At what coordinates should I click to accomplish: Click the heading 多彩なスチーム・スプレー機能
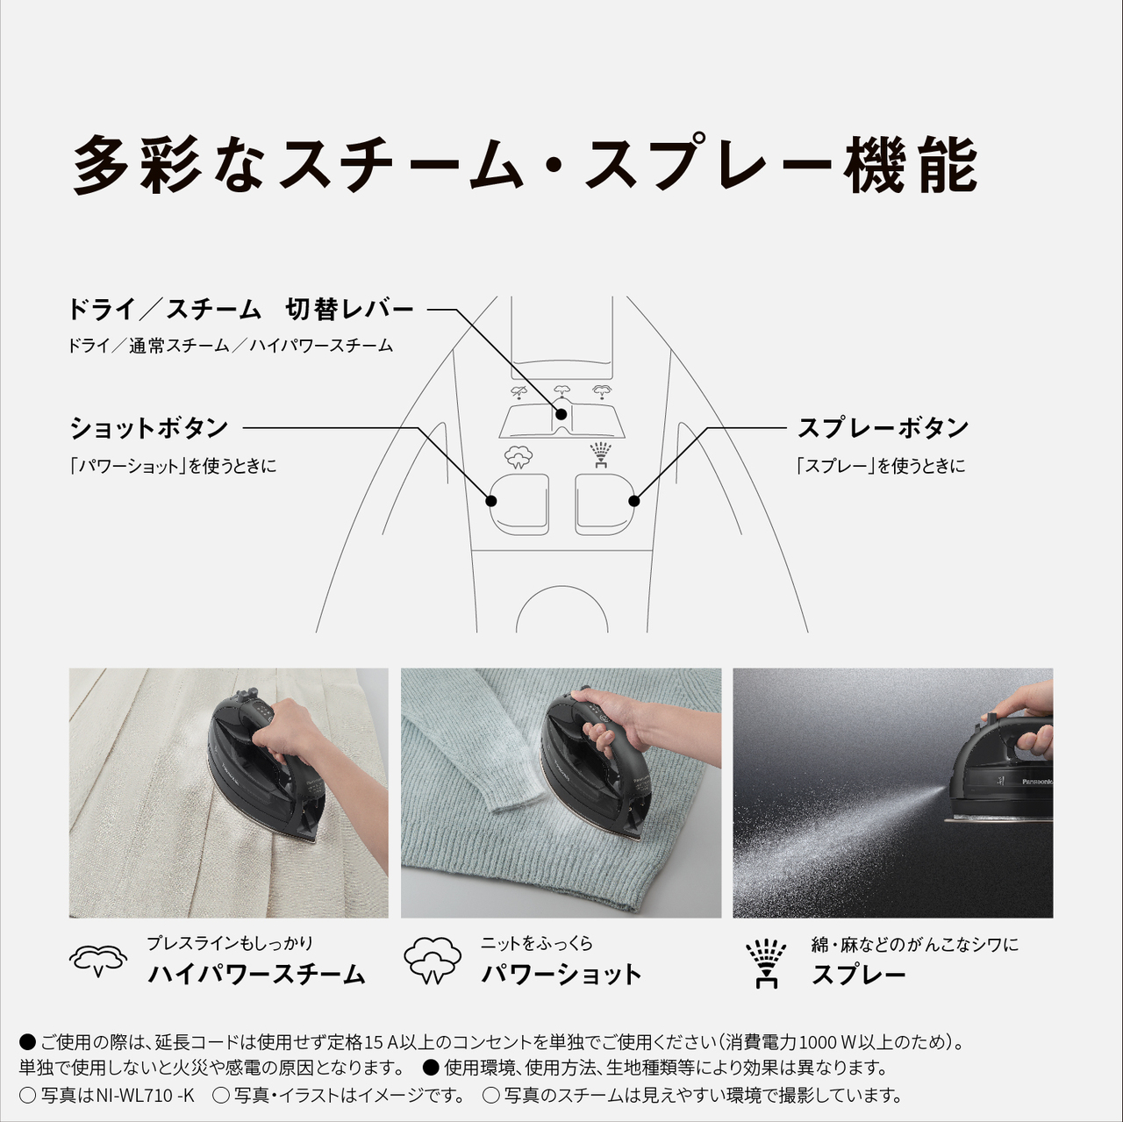coord(525,164)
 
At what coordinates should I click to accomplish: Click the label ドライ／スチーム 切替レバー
coord(240,310)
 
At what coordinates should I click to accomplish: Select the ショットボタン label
coord(149,428)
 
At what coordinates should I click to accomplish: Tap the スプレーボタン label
coord(883,428)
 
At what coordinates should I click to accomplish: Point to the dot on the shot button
coord(491,501)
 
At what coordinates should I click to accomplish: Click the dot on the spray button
coord(633,501)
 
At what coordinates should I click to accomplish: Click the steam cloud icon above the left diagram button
coord(519,456)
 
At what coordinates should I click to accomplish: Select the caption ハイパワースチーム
coord(256,974)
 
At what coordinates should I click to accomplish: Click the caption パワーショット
coord(561,974)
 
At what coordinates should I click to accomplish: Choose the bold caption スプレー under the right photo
coord(859,975)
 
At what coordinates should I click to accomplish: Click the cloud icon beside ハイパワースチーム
coord(98,961)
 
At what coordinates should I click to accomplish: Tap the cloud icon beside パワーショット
coord(433,961)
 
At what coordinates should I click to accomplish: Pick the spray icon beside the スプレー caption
coord(766,962)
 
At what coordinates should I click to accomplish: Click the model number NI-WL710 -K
coord(146,1095)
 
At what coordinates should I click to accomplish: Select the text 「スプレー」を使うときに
coord(880,466)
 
